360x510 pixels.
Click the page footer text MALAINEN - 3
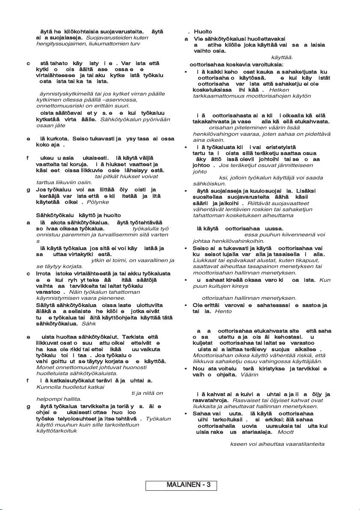188,485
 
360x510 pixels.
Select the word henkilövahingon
216,134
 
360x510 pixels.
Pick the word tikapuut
306,260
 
